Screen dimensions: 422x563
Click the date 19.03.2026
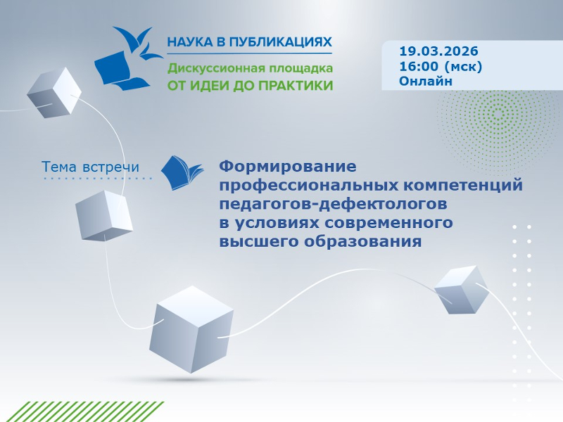coord(438,51)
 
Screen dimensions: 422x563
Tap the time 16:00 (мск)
coord(441,66)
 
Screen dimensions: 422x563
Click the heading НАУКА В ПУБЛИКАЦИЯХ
coord(249,42)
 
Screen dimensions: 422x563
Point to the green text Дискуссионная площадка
coord(249,69)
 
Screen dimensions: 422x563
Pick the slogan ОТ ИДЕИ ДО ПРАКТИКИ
coord(249,86)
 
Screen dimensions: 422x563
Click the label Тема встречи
coord(90,167)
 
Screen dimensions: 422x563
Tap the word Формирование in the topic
coord(289,167)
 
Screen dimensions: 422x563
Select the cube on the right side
coord(460,289)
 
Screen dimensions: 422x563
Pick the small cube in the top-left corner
coord(54,92)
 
